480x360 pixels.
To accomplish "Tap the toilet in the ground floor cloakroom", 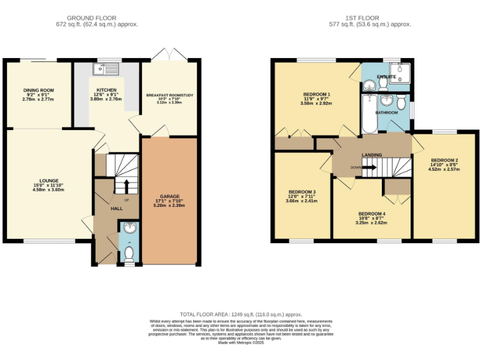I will pyautogui.click(x=129, y=253).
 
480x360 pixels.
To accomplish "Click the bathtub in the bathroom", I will pyautogui.click(x=367, y=114).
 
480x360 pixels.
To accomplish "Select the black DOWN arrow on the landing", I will pyautogui.click(x=369, y=167).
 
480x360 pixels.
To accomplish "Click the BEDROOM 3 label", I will pyautogui.click(x=301, y=191).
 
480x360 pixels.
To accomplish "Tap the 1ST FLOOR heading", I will pyautogui.click(x=369, y=17).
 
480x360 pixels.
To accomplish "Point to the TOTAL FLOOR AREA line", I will pyautogui.click(x=241, y=314).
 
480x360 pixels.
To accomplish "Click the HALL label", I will pyautogui.click(x=116, y=208).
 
